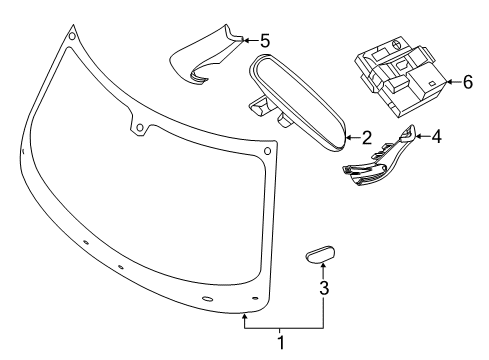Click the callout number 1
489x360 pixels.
281,343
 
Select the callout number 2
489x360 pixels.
366,138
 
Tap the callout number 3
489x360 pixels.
323,290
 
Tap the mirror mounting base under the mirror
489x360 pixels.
263,107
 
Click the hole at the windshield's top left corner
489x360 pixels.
71,38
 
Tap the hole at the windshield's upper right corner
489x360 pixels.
267,152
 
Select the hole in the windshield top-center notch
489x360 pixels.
140,127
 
